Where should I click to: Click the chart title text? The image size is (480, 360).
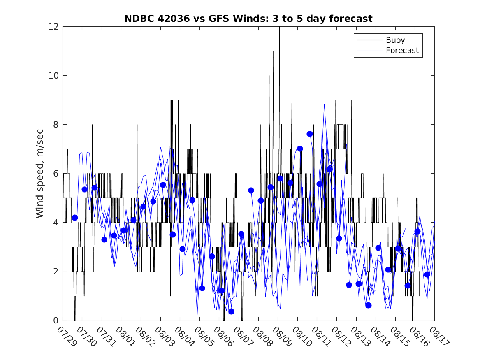point(248,19)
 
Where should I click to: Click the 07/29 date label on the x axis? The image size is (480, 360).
point(66,337)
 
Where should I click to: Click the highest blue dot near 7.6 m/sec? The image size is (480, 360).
point(310,134)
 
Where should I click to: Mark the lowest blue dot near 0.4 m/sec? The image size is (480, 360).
point(231,311)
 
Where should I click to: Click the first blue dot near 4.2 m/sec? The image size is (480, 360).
point(75,218)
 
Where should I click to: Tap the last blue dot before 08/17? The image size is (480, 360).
point(427,274)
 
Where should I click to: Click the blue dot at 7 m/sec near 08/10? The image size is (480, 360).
point(300,149)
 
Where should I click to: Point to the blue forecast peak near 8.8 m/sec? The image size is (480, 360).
point(324,104)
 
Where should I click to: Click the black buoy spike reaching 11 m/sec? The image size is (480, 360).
point(273,52)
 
